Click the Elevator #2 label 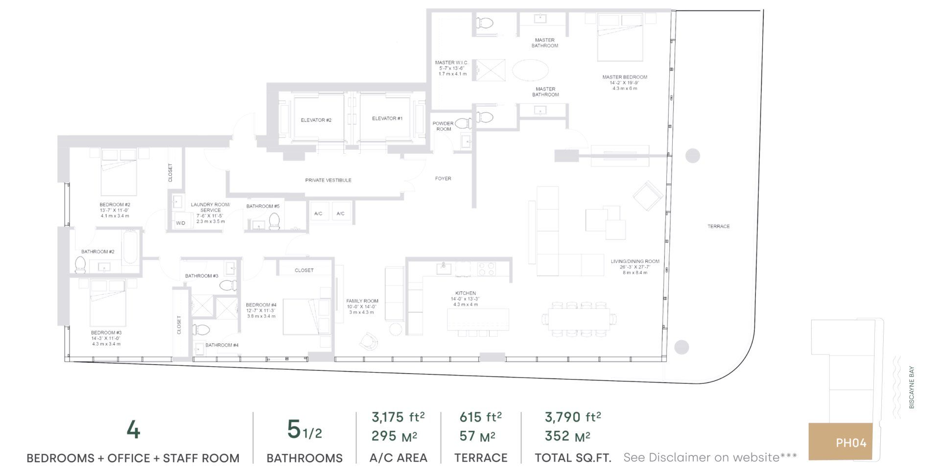[316, 120]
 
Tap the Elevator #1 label [387, 118]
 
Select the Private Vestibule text [328, 180]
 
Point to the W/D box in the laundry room [181, 223]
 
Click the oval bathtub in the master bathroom [530, 71]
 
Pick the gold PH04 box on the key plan [840, 442]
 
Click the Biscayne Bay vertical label [912, 388]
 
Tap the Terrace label [718, 226]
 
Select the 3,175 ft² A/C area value [398, 417]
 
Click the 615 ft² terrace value [480, 417]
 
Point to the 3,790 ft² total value [573, 417]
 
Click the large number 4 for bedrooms [133, 431]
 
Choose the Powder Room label [444, 126]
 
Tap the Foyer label [443, 179]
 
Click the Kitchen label [465, 293]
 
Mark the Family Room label [362, 301]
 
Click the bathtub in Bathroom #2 [130, 248]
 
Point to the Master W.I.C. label [452, 63]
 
